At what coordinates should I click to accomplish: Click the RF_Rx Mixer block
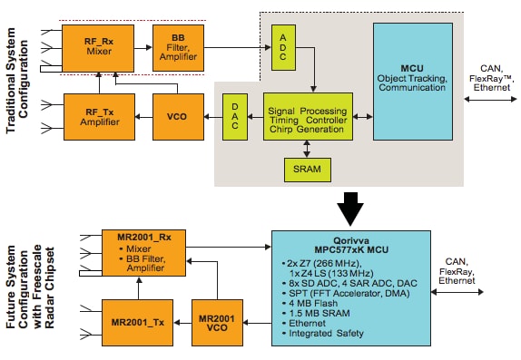point(97,41)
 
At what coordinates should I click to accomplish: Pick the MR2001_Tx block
point(142,324)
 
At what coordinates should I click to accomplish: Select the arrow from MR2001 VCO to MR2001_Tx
point(188,324)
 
